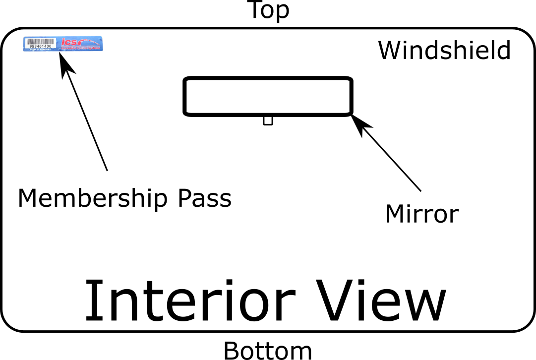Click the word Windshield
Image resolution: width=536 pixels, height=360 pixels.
tap(444, 51)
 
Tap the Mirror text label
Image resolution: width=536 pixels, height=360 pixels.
tap(421, 214)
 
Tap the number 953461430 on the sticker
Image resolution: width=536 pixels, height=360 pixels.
tap(41, 46)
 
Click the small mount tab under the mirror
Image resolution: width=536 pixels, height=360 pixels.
tap(268, 120)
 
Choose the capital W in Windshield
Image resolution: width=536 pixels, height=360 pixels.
tap(390, 51)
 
